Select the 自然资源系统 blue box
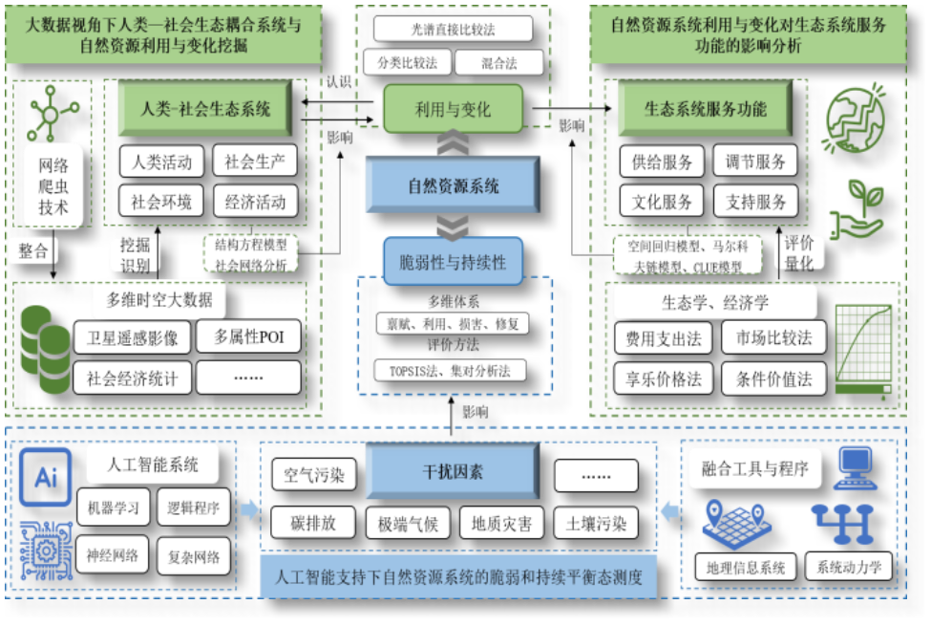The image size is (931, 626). click(453, 185)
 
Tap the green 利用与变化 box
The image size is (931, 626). click(453, 109)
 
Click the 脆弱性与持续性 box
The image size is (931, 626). click(453, 262)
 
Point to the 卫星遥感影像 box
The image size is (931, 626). click(132, 336)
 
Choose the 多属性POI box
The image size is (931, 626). click(247, 336)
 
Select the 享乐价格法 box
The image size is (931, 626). click(664, 378)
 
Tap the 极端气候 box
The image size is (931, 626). click(408, 524)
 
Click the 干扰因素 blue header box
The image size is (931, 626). click(453, 472)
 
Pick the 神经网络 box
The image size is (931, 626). click(112, 554)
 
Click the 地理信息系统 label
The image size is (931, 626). click(745, 567)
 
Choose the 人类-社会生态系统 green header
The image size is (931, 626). click(205, 109)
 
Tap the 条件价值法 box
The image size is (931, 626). click(774, 378)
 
